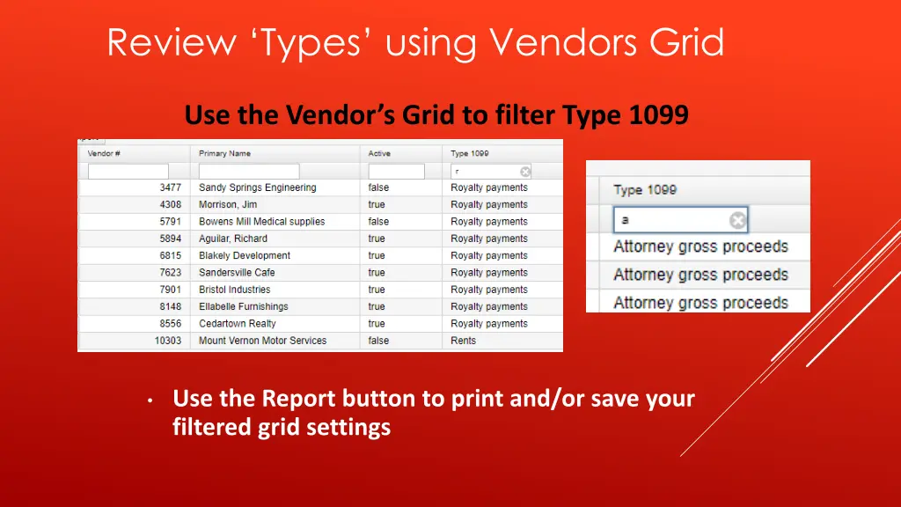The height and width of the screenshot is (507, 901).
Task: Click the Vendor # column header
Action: coord(104,153)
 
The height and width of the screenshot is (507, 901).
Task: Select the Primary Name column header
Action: coord(224,153)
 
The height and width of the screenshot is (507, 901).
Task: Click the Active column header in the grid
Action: coord(379,153)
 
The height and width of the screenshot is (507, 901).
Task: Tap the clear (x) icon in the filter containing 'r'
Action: coord(525,172)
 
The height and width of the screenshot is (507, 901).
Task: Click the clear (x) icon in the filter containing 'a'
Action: coord(737,220)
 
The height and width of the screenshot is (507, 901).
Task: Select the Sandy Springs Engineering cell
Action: coord(257,187)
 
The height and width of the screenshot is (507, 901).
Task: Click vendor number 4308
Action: coord(170,204)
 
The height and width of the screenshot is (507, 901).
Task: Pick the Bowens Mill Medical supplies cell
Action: coord(261,222)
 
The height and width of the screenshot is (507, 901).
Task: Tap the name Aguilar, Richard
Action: coord(233,239)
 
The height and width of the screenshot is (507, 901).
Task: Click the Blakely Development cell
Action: coord(245,255)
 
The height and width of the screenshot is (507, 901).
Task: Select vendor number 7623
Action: coord(170,273)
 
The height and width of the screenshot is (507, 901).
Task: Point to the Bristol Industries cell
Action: coord(235,290)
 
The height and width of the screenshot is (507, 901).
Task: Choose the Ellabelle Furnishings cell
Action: coord(244,306)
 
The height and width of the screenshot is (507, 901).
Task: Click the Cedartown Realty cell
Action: coord(238,324)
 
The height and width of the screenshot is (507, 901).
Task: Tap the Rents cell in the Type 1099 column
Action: coord(463,341)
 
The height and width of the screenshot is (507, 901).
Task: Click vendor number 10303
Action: coord(167,341)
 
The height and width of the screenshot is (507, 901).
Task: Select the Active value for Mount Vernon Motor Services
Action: coord(378,341)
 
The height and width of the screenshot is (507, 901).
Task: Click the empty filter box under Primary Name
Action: coord(249,172)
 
